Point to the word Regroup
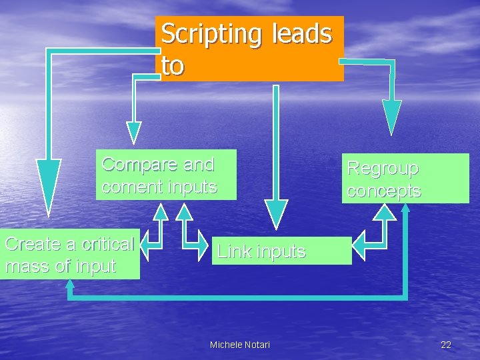coord(383,168)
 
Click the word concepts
coord(384,191)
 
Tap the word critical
coord(100,244)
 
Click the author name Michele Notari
coord(240,344)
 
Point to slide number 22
coord(446,344)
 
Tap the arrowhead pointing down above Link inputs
coord(276,213)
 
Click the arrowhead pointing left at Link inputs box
coord(361,246)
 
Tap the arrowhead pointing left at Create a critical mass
coord(151,245)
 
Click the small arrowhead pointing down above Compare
coord(134,131)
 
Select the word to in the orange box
coord(172,65)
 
